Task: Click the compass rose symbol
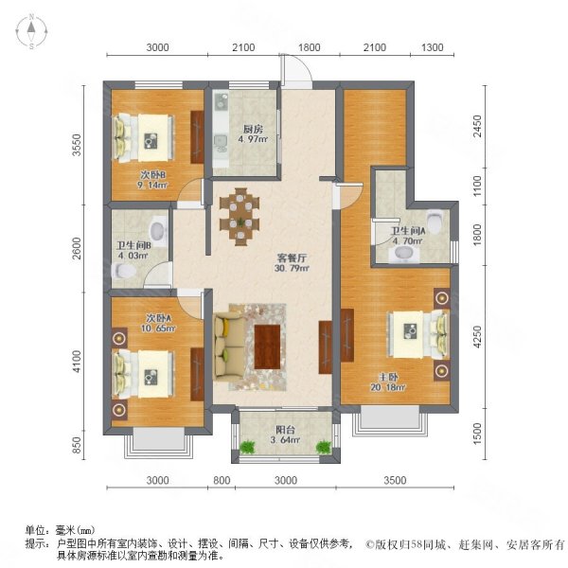coord(32,31)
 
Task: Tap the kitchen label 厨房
coord(253,129)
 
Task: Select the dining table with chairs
coord(240,217)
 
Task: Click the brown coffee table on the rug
coord(267,346)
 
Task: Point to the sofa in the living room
coord(229,347)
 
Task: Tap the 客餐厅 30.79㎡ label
coord(292,263)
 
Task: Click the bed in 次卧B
coord(144,138)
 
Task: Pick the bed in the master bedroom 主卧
coord(417,335)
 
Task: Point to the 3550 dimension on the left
coord(77,145)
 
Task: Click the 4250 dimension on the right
coord(478,337)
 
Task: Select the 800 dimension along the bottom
coord(222,480)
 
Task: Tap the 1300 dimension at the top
coord(433,47)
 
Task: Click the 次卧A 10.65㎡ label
coord(158,323)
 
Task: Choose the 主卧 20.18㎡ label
coord(387,382)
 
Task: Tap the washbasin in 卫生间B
coord(158,230)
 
